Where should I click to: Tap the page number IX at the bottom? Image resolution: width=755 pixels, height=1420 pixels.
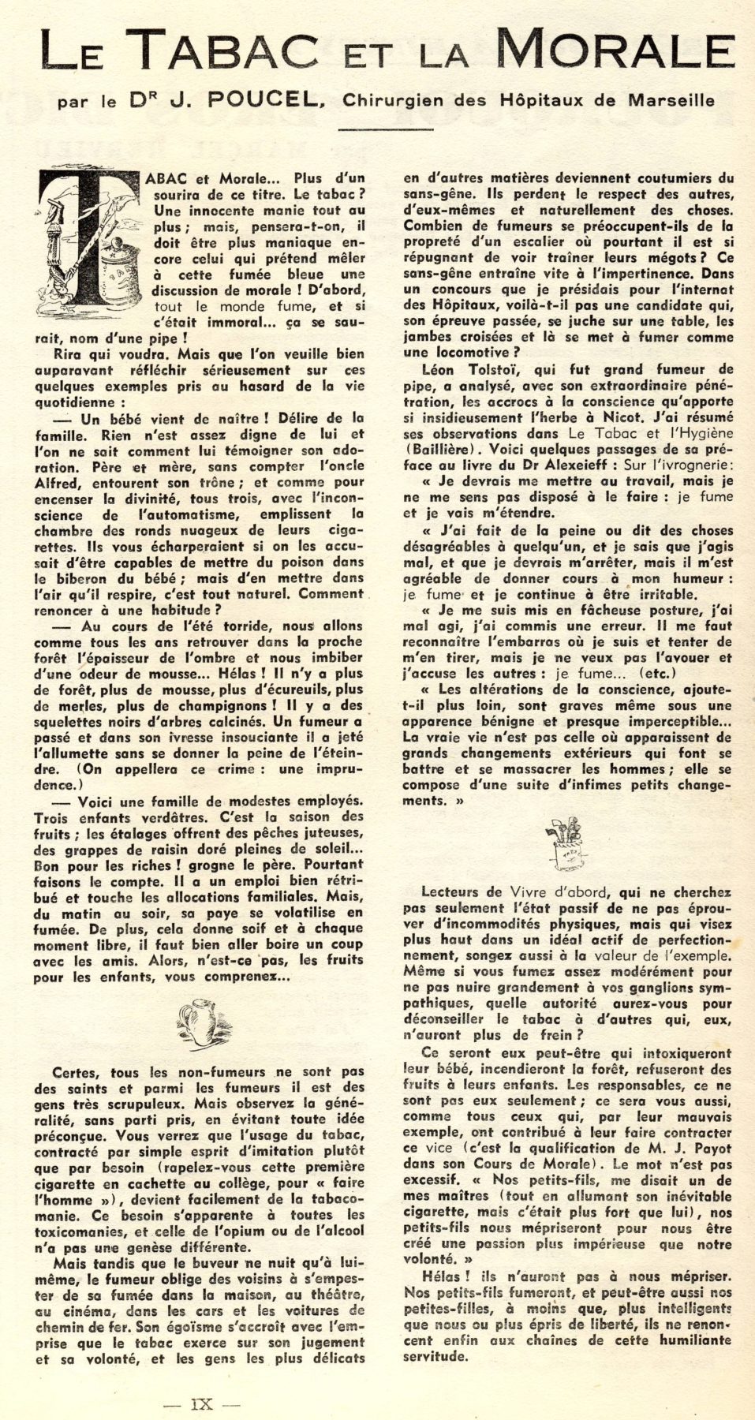202,1403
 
